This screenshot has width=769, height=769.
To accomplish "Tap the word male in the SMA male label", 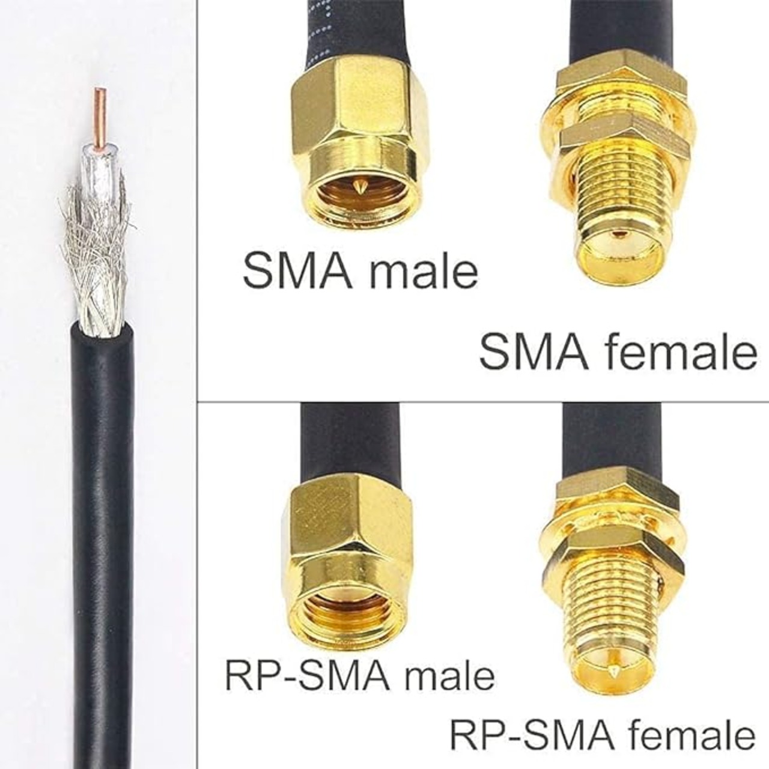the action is tap(423, 271).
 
